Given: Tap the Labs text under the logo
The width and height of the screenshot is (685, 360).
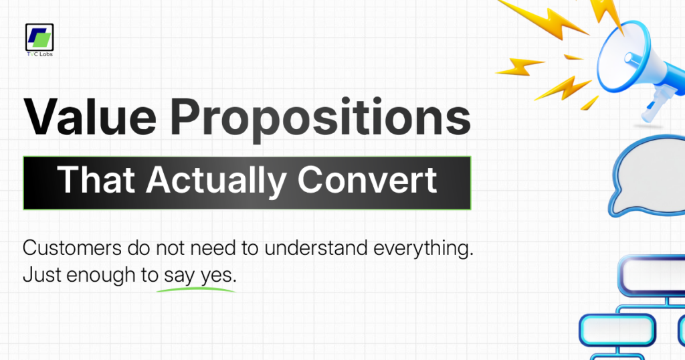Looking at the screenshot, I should (45, 54).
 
